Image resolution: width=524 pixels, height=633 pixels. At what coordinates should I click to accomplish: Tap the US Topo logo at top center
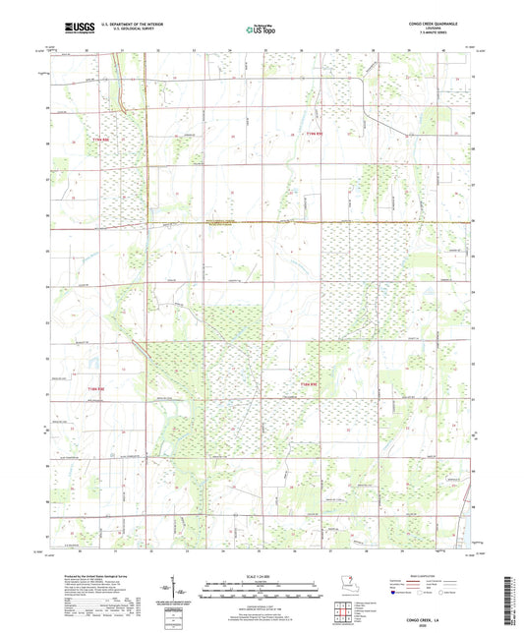coord(261,29)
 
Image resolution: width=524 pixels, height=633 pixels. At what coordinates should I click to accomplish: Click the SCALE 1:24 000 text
coord(262,575)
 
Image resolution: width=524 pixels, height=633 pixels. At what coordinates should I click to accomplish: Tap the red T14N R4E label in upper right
coord(314,134)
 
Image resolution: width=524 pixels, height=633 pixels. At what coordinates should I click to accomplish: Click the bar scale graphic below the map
coord(262,592)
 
